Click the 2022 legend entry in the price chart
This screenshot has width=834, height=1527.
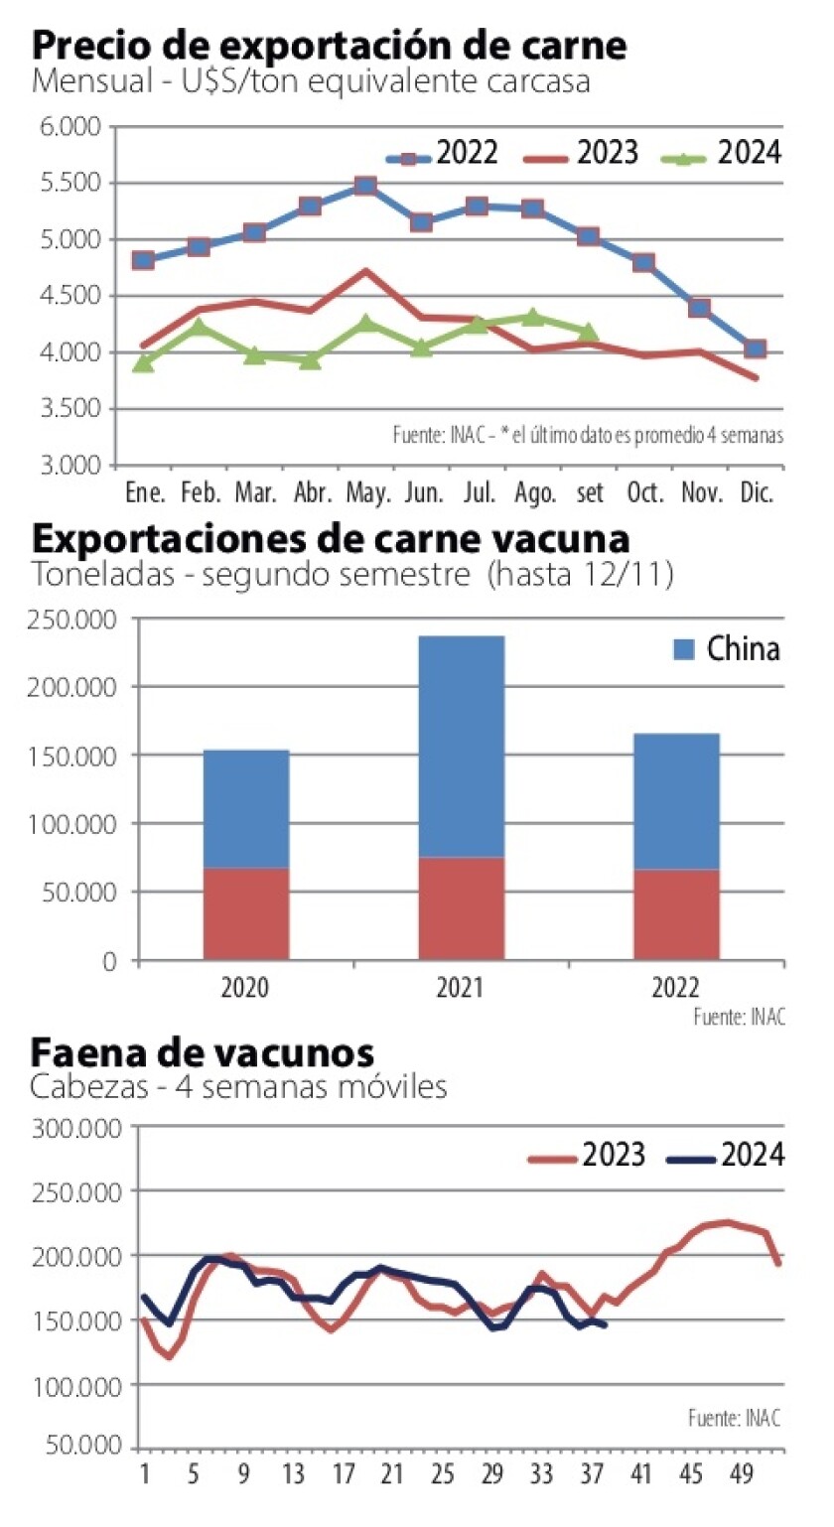pos(443,154)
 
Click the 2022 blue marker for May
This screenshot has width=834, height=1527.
pos(365,186)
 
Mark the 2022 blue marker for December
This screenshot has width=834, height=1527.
pos(756,348)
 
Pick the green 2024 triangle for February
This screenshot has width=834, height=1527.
pos(199,326)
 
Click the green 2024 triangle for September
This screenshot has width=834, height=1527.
pos(588,332)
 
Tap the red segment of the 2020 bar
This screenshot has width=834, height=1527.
pos(246,913)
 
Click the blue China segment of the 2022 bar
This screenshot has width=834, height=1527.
pos(676,800)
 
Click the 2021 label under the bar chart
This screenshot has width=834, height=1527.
pos(461,989)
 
